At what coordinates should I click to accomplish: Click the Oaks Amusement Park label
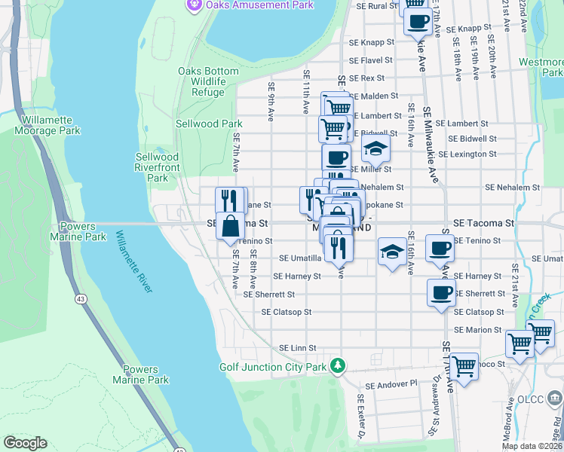249,5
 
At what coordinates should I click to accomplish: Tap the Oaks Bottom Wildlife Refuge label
202,81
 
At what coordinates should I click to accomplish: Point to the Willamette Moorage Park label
47,125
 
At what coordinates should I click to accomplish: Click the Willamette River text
134,262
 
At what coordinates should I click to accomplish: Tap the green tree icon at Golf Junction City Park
339,366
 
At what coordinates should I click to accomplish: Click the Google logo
26,443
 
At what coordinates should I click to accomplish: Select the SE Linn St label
296,347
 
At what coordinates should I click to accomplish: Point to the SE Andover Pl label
391,383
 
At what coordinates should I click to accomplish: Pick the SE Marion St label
479,330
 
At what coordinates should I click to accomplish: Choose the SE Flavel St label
371,61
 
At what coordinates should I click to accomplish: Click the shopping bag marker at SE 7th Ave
230,225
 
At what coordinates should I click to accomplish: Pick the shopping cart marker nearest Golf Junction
464,366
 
